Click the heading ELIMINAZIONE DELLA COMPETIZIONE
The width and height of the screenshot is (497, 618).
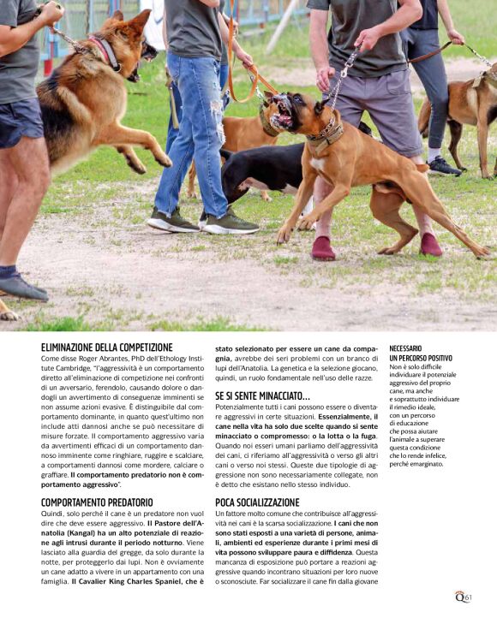click(x=106, y=348)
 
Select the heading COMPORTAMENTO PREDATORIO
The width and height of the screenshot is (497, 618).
click(x=97, y=502)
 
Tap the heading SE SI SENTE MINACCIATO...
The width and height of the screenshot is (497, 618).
click(x=262, y=396)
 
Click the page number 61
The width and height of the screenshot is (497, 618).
click(x=469, y=597)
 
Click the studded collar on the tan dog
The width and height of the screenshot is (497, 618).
click(x=326, y=133)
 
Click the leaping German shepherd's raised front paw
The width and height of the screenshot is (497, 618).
click(x=162, y=160)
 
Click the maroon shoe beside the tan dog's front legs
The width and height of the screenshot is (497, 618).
click(x=323, y=248)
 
